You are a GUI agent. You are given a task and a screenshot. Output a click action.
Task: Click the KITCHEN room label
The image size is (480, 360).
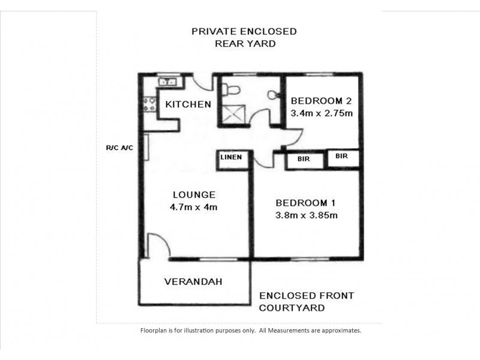(x=188, y=104)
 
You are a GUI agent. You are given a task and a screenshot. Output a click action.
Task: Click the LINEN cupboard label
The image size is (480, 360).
(x=231, y=157)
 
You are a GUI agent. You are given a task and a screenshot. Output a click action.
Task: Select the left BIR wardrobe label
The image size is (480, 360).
(x=303, y=160)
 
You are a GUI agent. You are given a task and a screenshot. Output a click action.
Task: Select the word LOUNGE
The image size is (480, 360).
(x=194, y=194)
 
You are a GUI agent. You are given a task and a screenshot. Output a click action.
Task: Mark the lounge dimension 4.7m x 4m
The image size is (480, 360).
(x=194, y=208)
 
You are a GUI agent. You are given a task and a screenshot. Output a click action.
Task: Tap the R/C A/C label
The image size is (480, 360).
(x=118, y=146)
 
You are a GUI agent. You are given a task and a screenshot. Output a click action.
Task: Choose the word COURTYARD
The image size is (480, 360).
(x=292, y=308)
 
